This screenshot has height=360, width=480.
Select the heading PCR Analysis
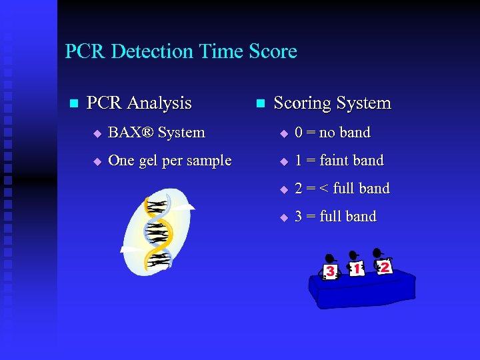[139, 103]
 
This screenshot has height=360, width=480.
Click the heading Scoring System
[332, 103]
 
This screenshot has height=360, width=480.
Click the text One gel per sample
[169, 161]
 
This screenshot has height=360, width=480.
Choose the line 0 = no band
[332, 133]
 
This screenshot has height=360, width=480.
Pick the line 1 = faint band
[339, 161]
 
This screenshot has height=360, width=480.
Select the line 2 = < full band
[341, 189]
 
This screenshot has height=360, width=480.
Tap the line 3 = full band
[335, 217]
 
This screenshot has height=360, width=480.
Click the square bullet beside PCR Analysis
[73, 104]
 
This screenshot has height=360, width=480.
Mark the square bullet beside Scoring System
[260, 104]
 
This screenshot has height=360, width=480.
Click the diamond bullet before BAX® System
[97, 133]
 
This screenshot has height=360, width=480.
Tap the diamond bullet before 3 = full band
[283, 217]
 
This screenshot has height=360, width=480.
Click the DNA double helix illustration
[158, 231]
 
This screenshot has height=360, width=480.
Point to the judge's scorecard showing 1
[357, 268]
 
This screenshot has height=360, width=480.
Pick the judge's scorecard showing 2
[384, 266]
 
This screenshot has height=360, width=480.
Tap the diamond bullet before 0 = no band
[283, 133]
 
